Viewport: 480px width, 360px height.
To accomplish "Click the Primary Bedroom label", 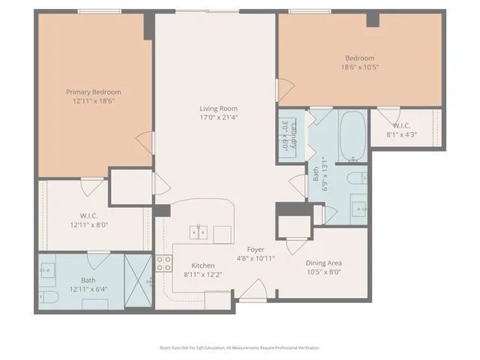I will tap(97, 91).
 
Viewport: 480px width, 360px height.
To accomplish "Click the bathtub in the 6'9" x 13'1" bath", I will tap(350, 136).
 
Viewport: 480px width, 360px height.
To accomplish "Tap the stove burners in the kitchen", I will tap(163, 264).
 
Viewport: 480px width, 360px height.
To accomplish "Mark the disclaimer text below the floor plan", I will tap(240, 348).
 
